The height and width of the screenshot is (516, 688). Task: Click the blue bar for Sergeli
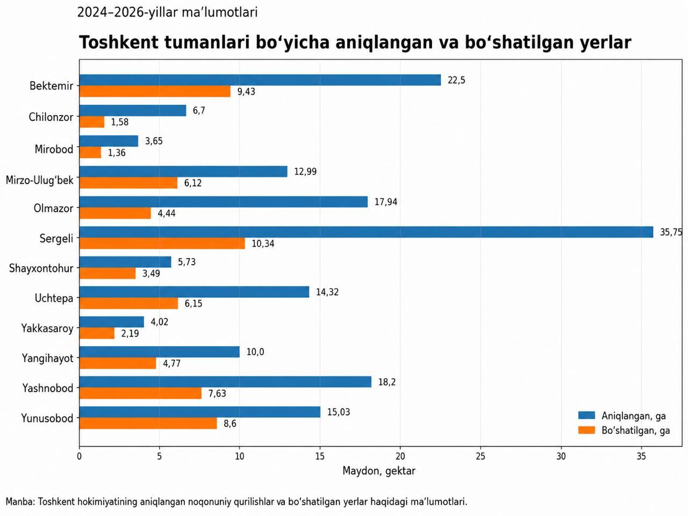click(x=366, y=232)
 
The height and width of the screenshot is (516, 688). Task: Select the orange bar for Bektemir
click(x=155, y=91)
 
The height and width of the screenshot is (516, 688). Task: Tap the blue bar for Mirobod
click(x=109, y=141)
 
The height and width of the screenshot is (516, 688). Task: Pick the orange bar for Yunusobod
click(x=148, y=423)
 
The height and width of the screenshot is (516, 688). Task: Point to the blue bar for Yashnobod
click(x=225, y=382)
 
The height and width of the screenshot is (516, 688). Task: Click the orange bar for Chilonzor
click(x=92, y=122)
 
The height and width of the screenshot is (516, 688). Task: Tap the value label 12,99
click(x=305, y=171)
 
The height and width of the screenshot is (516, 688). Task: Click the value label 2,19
click(x=130, y=333)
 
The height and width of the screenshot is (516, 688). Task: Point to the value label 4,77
click(x=171, y=363)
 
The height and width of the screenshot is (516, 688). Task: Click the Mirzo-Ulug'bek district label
click(x=39, y=180)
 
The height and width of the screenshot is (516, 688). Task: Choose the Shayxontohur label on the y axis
click(x=41, y=268)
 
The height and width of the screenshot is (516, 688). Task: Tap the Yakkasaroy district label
click(x=47, y=328)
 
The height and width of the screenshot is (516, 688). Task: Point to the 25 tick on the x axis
click(x=481, y=456)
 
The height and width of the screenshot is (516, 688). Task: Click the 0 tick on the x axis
click(x=80, y=456)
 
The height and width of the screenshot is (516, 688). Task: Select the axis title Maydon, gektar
click(x=378, y=470)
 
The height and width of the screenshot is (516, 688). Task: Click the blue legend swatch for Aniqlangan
click(x=586, y=415)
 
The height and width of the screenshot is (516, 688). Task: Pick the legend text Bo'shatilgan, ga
click(x=636, y=431)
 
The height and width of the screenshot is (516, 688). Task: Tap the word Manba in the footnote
click(x=20, y=501)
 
